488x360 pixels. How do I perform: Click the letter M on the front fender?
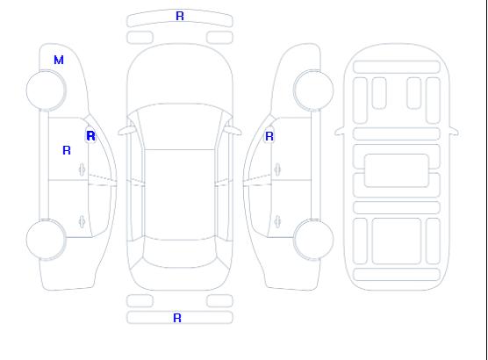click(59, 60)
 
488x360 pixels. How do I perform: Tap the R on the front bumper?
click(180, 16)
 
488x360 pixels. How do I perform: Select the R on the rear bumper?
click(177, 318)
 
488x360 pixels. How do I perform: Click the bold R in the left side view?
click(90, 136)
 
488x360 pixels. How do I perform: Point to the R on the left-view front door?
click(67, 150)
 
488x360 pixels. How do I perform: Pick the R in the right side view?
click(269, 136)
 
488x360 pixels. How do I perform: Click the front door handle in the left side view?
click(83, 169)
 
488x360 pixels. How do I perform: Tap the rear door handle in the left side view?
click(83, 221)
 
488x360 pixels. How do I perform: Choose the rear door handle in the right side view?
click(277, 221)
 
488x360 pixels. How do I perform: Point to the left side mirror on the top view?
click(124, 131)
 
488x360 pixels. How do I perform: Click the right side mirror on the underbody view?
click(454, 131)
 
